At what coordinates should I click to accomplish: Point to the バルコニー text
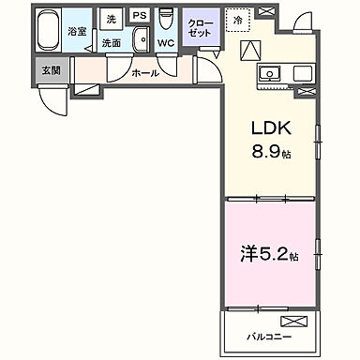pos(269,335)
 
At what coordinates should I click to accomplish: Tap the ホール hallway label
pos(143,72)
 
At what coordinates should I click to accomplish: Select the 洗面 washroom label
pos(112,43)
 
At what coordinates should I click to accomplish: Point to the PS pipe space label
pos(140,17)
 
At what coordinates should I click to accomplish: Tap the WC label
pos(167,43)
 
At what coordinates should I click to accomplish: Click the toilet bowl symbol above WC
pos(167,20)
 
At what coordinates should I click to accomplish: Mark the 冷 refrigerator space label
pos(238,19)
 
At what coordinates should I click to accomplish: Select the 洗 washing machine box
pos(111,19)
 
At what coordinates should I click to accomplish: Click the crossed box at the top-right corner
pos(265,12)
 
